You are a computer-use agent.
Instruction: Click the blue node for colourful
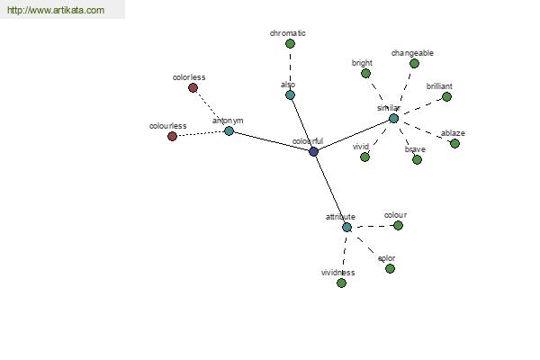(x=313, y=151)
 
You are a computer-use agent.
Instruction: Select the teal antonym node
(x=229, y=130)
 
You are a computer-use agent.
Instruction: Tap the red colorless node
(x=193, y=88)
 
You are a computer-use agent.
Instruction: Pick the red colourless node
(x=172, y=137)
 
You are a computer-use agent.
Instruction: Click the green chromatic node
(x=291, y=44)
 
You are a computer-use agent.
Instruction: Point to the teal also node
(x=291, y=95)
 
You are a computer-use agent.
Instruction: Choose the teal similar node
(x=393, y=119)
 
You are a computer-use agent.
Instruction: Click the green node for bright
(x=365, y=74)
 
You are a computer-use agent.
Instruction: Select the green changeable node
(x=414, y=63)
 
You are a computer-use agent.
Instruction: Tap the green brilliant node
(x=446, y=97)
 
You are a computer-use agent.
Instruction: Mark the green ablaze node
(x=454, y=143)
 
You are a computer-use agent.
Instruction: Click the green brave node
(x=417, y=160)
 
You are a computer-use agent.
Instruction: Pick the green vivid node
(x=365, y=157)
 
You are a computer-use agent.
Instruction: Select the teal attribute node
(x=346, y=228)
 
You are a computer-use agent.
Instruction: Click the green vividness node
(x=341, y=283)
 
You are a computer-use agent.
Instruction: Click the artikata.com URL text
(x=56, y=10)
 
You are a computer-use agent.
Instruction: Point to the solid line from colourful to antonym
(x=272, y=141)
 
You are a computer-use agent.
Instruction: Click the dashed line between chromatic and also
(x=291, y=69)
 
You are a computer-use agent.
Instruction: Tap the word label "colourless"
(x=167, y=126)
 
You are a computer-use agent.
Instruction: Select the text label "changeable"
(x=412, y=53)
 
